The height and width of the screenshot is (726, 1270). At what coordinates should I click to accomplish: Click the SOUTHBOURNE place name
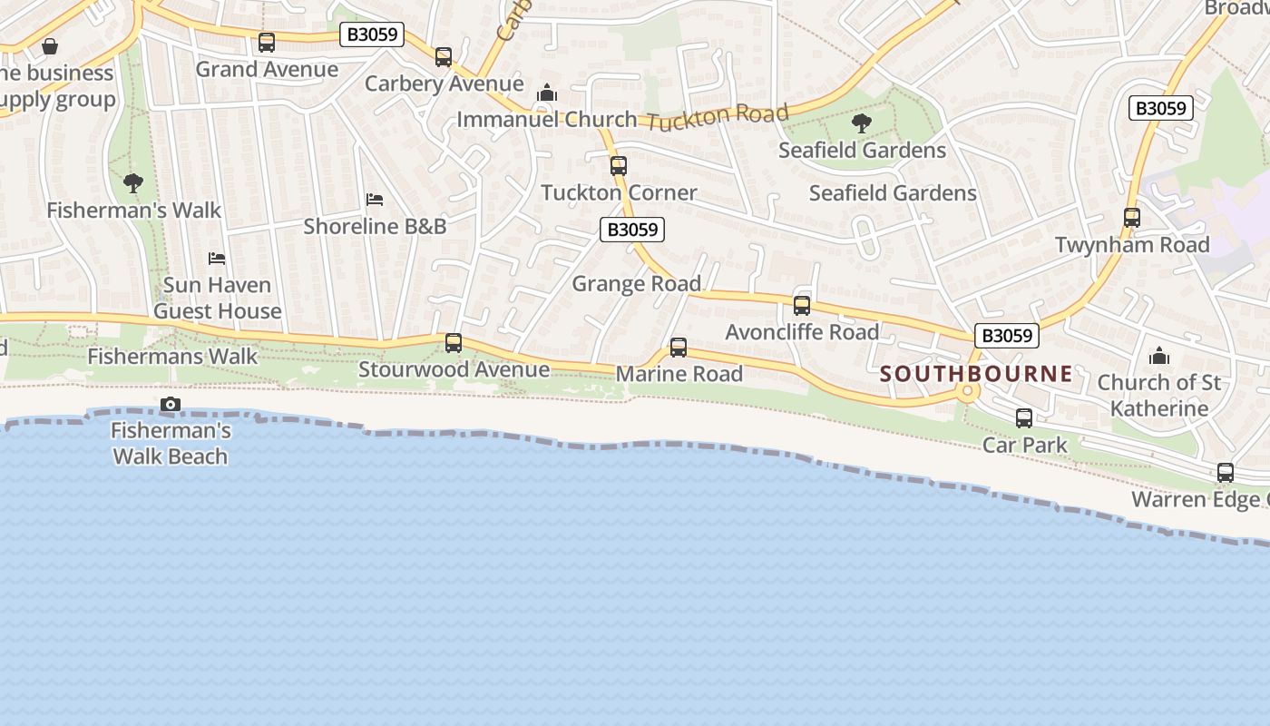click(x=976, y=373)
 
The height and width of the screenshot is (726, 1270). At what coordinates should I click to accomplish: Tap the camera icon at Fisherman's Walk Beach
click(x=170, y=404)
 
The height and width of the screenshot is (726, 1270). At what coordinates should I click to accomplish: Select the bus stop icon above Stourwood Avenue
click(x=454, y=343)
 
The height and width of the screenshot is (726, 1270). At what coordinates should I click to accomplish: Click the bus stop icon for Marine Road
click(x=679, y=348)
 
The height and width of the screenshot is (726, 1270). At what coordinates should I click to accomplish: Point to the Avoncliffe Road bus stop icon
click(x=802, y=306)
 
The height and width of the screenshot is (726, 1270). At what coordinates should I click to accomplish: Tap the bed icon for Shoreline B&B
click(x=375, y=200)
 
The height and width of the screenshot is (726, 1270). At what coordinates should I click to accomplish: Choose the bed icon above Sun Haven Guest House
click(x=217, y=259)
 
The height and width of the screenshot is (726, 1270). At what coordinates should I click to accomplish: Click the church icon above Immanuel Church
click(x=547, y=93)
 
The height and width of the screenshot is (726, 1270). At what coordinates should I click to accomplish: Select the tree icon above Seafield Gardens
click(x=862, y=123)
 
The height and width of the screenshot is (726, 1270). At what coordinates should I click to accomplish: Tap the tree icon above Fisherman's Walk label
click(x=133, y=183)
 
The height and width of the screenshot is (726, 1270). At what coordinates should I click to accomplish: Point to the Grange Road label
click(x=636, y=284)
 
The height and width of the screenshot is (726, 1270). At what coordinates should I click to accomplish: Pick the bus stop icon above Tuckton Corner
click(x=619, y=166)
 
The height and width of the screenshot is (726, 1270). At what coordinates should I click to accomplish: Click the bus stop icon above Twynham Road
click(x=1132, y=218)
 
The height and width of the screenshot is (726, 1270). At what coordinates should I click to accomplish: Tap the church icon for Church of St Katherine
click(x=1159, y=356)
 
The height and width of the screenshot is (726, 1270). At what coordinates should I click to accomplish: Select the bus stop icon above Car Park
click(x=1024, y=418)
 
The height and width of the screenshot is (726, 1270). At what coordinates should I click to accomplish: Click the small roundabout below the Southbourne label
click(x=968, y=392)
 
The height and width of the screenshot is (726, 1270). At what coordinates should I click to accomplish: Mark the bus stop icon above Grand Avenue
click(x=267, y=43)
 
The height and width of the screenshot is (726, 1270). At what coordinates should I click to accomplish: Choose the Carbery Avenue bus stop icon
click(x=444, y=57)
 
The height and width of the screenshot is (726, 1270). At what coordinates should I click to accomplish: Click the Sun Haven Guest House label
click(x=217, y=298)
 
